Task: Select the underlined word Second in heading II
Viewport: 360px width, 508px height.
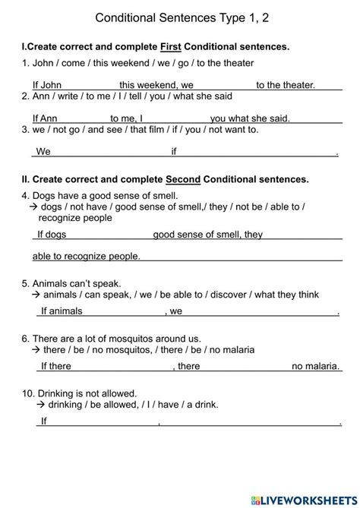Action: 183,179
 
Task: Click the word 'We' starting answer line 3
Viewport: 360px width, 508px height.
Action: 43,151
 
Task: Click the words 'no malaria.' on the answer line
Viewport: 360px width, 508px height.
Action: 315,366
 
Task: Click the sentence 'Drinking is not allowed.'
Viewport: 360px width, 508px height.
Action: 90,393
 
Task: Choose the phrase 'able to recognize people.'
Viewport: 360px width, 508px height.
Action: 87,257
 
